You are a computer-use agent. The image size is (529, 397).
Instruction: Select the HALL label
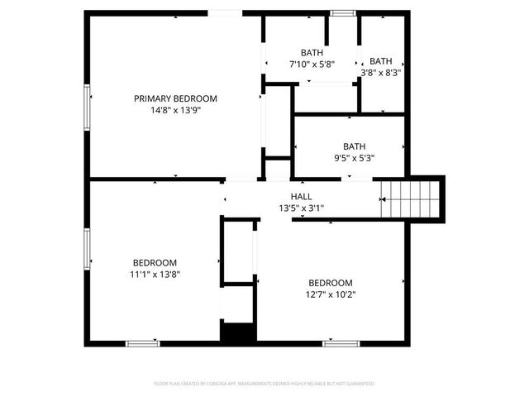(x=301, y=196)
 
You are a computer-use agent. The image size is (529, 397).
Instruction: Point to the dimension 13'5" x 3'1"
(x=301, y=208)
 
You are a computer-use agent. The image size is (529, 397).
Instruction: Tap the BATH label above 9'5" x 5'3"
(x=354, y=146)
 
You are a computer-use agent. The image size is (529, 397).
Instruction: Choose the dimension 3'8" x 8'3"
(x=381, y=72)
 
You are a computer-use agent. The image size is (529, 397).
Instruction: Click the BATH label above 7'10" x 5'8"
(x=312, y=52)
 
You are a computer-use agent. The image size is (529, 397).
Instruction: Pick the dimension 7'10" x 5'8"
(x=312, y=64)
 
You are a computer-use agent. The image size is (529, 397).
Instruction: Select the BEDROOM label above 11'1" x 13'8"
(x=155, y=262)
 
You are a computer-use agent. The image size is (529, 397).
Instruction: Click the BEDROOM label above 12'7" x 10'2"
(x=330, y=282)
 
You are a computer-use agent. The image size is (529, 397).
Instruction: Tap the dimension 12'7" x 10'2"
(x=330, y=294)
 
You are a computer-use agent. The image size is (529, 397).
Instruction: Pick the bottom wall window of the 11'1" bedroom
(x=142, y=342)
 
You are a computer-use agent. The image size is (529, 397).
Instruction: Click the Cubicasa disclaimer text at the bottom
(x=264, y=384)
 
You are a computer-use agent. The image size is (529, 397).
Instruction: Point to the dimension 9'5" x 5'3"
(x=354, y=159)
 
